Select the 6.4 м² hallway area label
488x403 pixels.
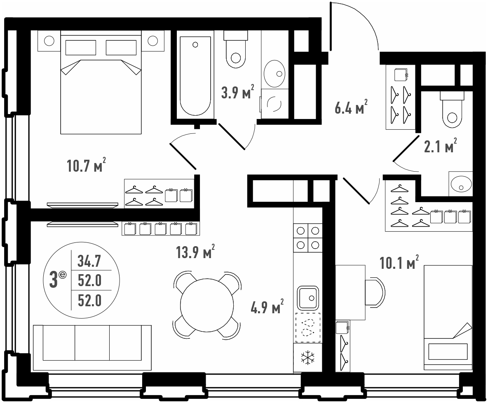click(351, 107)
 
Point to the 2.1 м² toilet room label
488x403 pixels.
click(440, 145)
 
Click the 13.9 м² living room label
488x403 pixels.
click(195, 252)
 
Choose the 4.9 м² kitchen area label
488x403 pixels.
click(267, 306)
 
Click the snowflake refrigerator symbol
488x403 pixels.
click(307, 358)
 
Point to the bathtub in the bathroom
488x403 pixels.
click(195, 77)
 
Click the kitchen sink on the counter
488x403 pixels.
click(308, 298)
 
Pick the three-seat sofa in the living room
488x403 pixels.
click(92, 348)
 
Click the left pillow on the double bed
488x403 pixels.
click(81, 47)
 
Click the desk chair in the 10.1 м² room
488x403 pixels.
click(375, 292)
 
